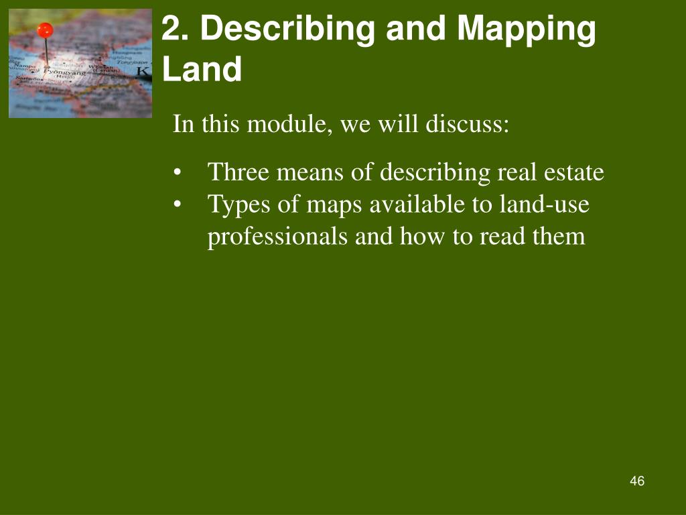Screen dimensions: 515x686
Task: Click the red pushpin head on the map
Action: pyautogui.click(x=45, y=30)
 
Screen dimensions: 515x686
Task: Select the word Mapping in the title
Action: pyautogui.click(x=527, y=30)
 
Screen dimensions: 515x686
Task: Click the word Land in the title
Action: pyautogui.click(x=202, y=70)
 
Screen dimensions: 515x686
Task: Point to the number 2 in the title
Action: pyautogui.click(x=173, y=30)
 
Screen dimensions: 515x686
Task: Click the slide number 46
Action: pyautogui.click(x=637, y=481)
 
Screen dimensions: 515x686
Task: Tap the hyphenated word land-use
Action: pyautogui.click(x=544, y=204)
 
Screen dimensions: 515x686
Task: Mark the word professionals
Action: pyautogui.click(x=278, y=237)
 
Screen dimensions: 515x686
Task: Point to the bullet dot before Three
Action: pyautogui.click(x=177, y=173)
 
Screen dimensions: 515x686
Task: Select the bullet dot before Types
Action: pyautogui.click(x=177, y=205)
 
